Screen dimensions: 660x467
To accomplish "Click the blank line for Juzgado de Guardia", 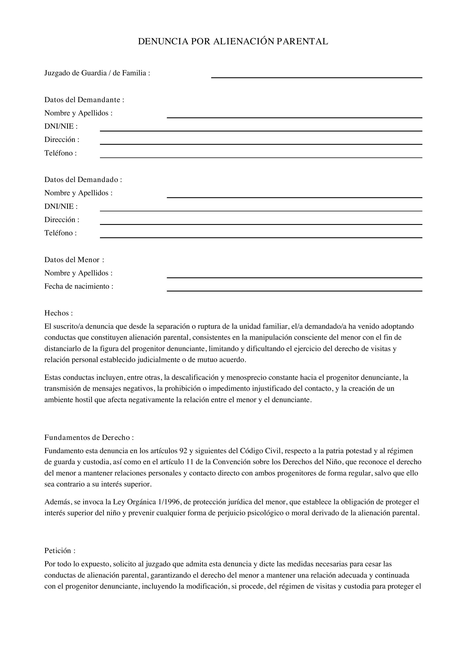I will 316,75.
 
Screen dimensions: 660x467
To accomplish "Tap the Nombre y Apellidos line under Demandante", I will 294,115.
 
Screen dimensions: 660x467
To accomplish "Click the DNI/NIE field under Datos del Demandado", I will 261,209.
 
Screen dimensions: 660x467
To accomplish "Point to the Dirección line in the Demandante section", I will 261,142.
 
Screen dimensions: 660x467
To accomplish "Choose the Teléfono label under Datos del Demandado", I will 60,233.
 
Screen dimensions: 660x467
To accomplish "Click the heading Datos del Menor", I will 74,260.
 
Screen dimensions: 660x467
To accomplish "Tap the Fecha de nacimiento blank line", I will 294,289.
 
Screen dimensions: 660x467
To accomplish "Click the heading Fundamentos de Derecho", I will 89,438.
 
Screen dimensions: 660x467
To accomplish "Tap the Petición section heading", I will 60,551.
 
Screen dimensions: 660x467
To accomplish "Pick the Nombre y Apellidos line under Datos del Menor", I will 294,275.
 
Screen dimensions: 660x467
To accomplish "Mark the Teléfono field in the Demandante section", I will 261,155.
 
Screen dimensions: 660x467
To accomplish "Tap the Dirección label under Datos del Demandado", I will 62,220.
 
